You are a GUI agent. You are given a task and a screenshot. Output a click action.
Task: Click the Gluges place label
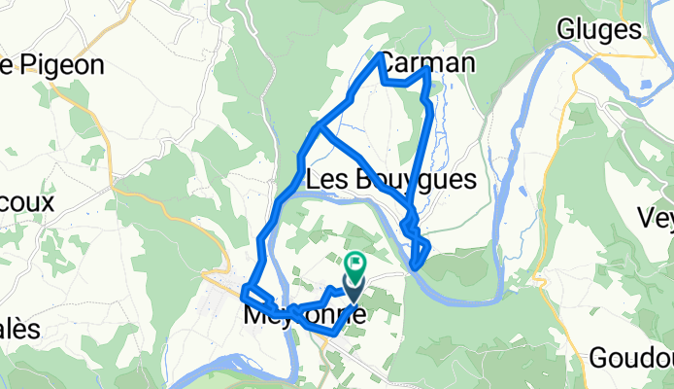(x=598, y=29)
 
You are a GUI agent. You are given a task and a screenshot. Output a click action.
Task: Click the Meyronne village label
(x=303, y=316)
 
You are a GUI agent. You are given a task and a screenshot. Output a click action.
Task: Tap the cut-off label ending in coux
(x=24, y=204)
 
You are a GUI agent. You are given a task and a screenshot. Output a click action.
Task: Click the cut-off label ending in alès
(x=19, y=329)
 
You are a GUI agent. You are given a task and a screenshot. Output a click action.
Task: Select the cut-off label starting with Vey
(x=656, y=216)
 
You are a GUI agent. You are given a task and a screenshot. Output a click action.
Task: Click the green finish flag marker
(x=354, y=261)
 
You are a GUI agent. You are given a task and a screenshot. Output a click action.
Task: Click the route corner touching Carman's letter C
(x=380, y=56)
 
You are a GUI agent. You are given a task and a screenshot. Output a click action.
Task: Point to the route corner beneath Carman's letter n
(x=428, y=70)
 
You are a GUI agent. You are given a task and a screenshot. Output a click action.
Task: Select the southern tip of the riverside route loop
(x=416, y=265)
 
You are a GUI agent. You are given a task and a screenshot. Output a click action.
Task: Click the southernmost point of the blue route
(x=335, y=334)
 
